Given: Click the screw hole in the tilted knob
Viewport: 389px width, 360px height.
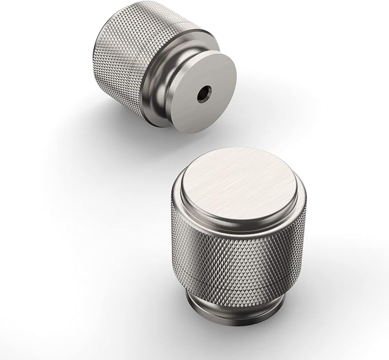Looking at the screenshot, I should [x=203, y=93].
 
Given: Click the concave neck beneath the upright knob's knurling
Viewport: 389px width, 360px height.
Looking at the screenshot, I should [x=229, y=298].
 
